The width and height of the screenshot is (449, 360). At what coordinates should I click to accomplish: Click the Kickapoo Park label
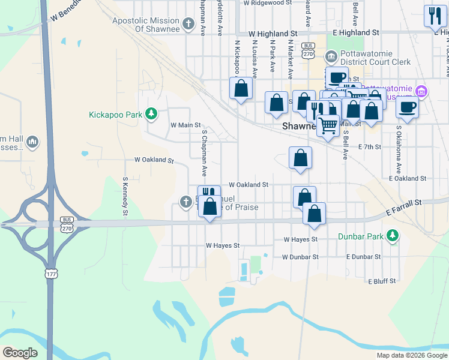click(116, 114)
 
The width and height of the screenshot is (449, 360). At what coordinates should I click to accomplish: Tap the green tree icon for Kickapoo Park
click(152, 113)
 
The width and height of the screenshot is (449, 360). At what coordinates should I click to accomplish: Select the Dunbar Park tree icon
click(393, 235)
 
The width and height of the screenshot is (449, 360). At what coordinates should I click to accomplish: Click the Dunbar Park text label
click(360, 236)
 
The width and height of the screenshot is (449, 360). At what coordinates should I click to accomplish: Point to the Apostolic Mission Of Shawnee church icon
click(188, 24)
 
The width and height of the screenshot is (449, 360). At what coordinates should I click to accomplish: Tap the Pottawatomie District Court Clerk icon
click(331, 57)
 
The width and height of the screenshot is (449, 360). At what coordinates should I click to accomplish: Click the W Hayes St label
click(223, 245)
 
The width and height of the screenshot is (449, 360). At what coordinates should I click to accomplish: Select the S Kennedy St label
click(125, 196)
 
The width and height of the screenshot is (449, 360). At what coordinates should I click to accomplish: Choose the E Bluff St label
click(382, 281)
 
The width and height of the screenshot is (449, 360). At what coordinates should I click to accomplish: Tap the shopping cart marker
click(328, 126)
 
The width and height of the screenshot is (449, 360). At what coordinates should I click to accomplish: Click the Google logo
click(20, 353)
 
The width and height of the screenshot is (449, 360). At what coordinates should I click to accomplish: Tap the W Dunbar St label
click(300, 257)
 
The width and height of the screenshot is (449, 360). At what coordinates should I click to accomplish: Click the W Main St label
click(185, 125)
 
